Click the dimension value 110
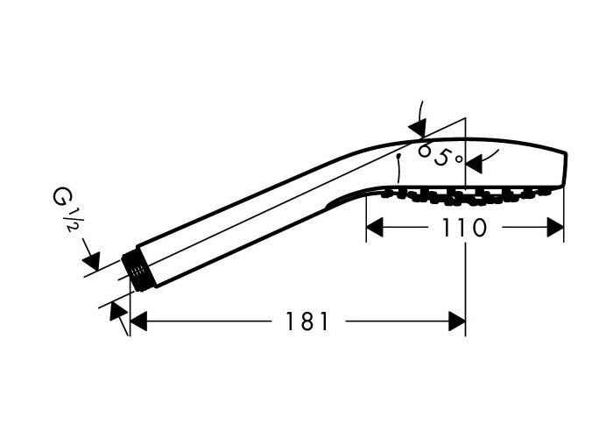pyautogui.click(x=464, y=228)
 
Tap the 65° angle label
pyautogui.click(x=440, y=155)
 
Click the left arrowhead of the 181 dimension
pyautogui.click(x=138, y=321)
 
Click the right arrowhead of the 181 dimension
pyautogui.click(x=457, y=321)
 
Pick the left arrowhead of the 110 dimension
pyautogui.click(x=375, y=228)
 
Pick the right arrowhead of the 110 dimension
pyautogui.click(x=555, y=228)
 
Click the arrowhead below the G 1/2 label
pyautogui.click(x=93, y=260)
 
